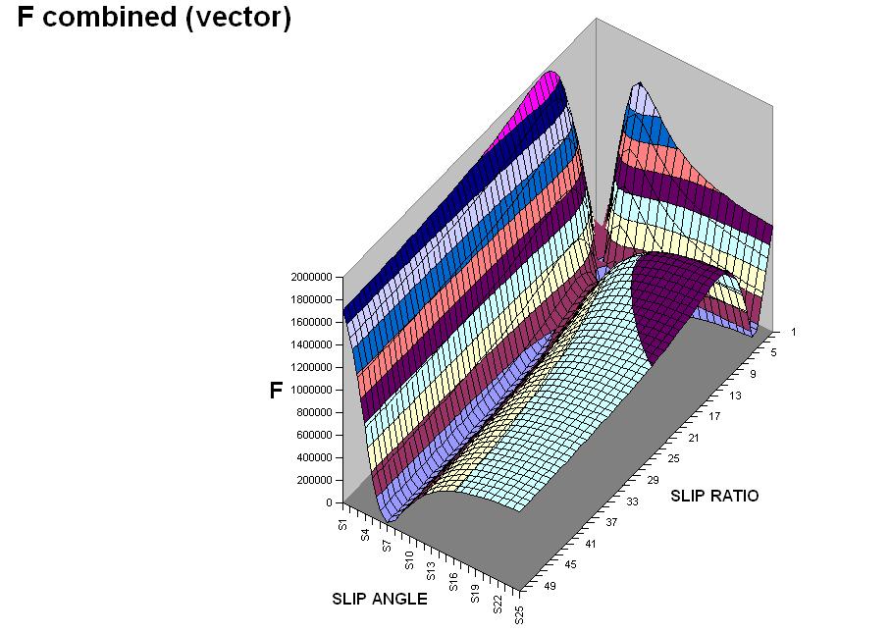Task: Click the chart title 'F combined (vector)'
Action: [x=154, y=19]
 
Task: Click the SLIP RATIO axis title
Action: [x=714, y=496]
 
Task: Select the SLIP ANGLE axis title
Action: [x=379, y=599]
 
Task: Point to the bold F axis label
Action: [x=276, y=391]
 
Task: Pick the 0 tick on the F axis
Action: [x=332, y=502]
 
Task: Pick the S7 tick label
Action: [x=386, y=548]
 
